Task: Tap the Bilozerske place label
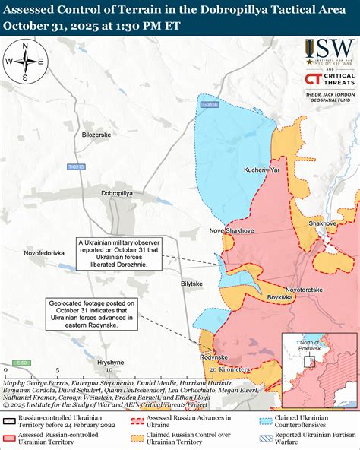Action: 96,135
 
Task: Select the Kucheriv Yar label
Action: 262,170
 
